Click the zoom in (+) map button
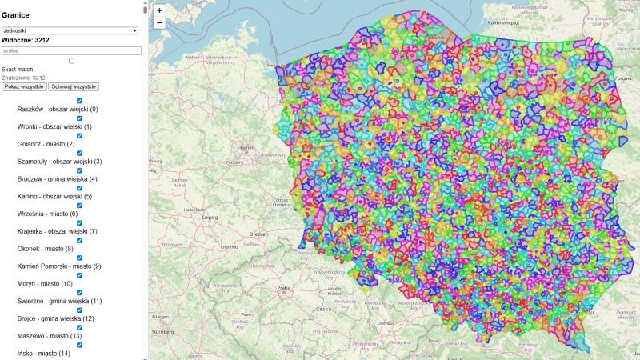(x=159, y=10)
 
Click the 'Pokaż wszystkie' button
(x=24, y=86)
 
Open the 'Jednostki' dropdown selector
(x=70, y=30)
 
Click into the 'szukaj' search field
(x=71, y=50)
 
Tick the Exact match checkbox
(x=71, y=61)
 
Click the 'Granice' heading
(x=16, y=15)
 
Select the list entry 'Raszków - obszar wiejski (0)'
(x=57, y=110)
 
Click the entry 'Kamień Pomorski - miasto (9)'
(x=59, y=266)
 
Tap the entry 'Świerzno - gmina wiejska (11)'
(x=59, y=301)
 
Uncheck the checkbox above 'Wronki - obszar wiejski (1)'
(x=79, y=118)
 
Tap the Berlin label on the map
(x=246, y=148)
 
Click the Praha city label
(x=283, y=288)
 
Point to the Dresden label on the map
(x=257, y=234)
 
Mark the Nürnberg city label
(x=162, y=330)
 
